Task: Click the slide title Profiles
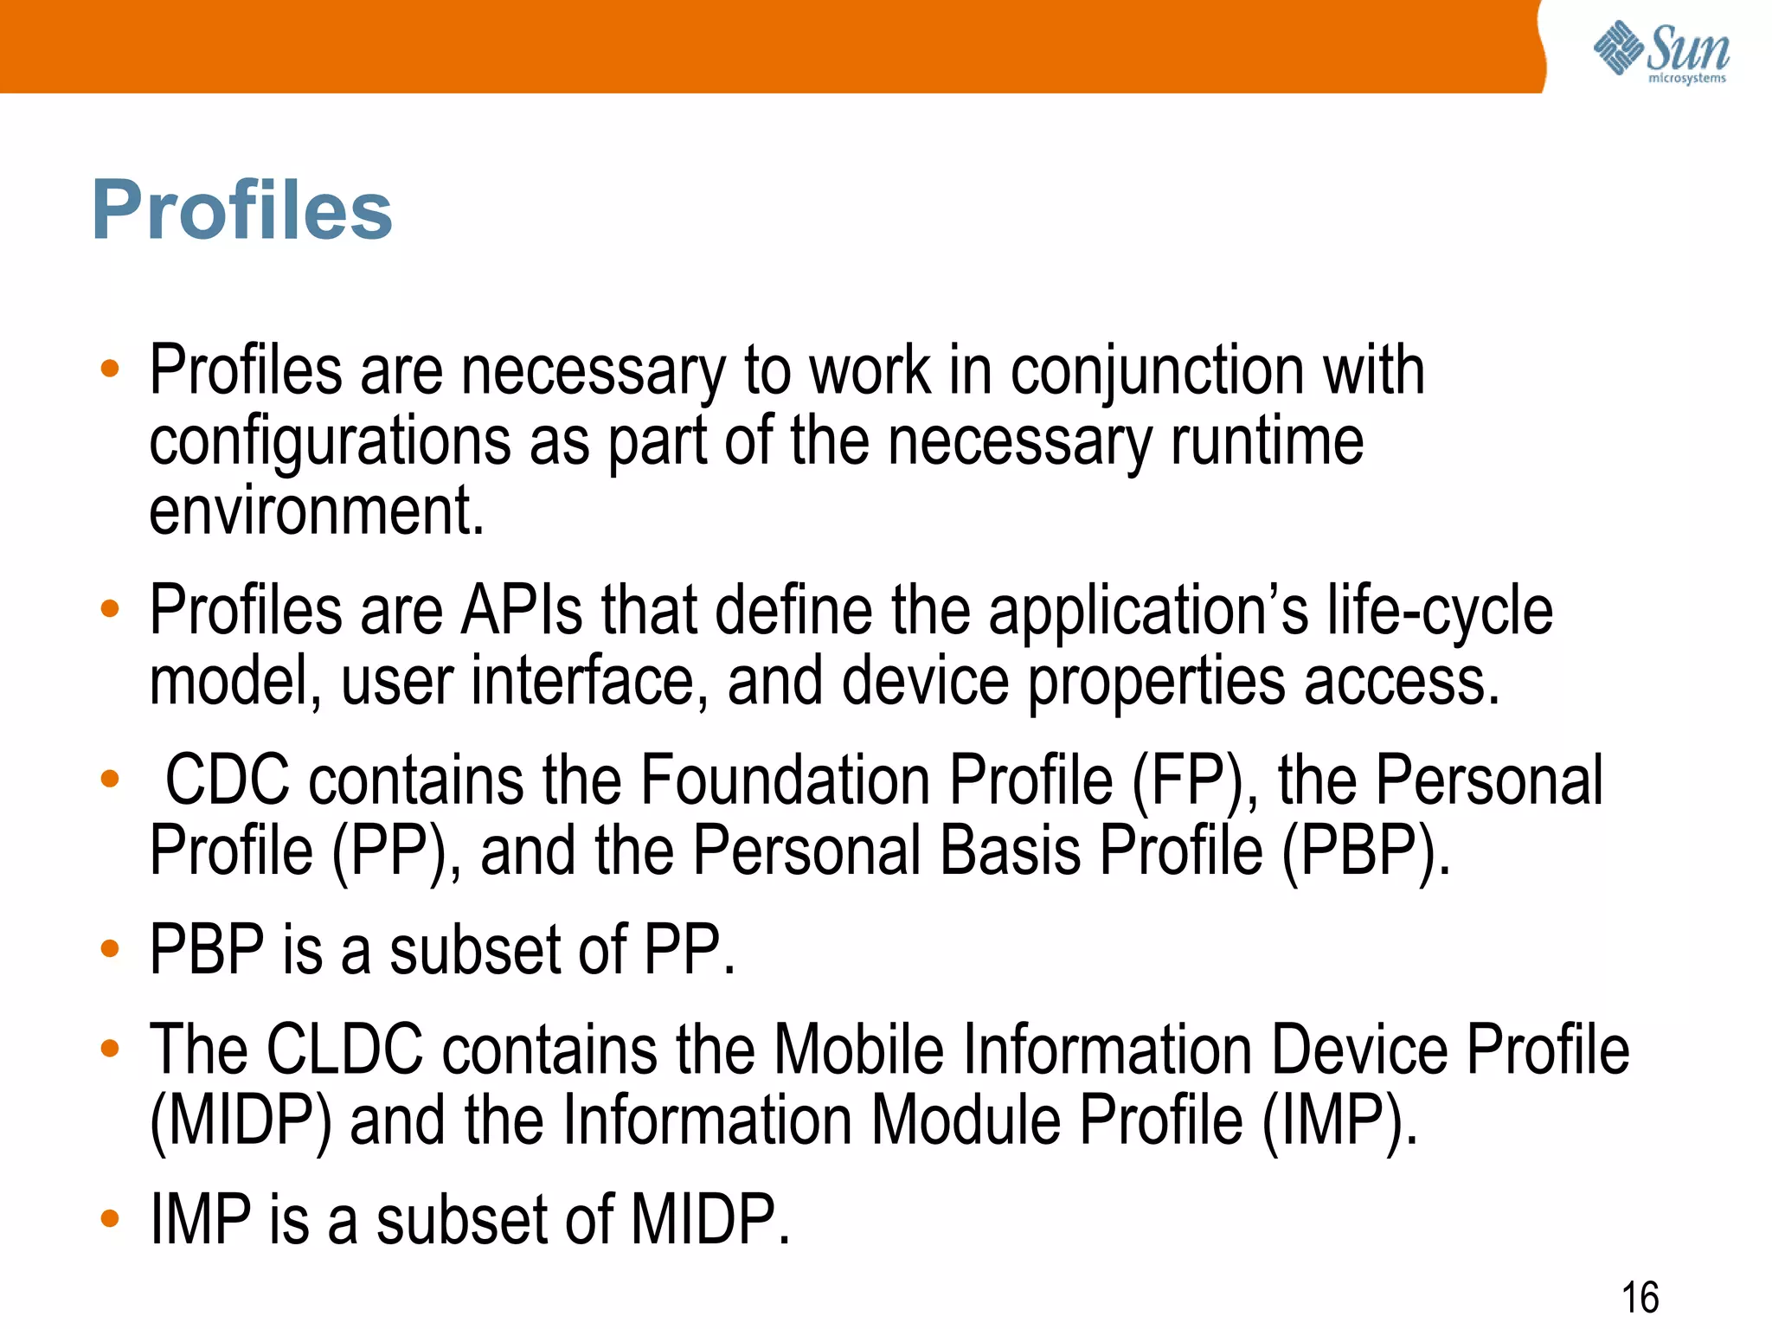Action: pyautogui.click(x=241, y=210)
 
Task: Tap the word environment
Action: pyautogui.click(x=316, y=512)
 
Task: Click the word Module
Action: pyautogui.click(x=966, y=1121)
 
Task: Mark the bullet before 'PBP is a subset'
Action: pyautogui.click(x=110, y=949)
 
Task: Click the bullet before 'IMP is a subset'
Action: pyautogui.click(x=110, y=1219)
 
